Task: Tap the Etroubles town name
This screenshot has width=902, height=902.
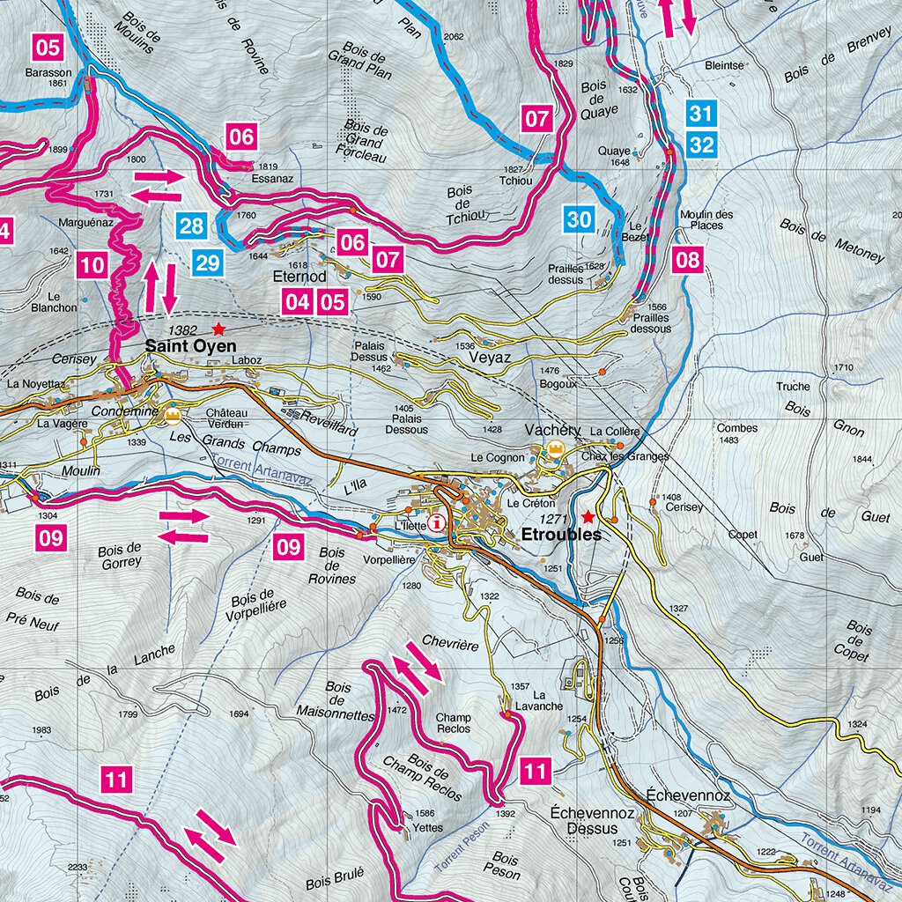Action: [x=560, y=535]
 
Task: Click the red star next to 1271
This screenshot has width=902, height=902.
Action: [x=588, y=517]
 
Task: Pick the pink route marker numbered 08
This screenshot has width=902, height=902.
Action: [x=688, y=259]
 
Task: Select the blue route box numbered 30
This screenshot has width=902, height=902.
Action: [x=580, y=219]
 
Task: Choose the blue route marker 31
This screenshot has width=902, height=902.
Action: [x=701, y=114]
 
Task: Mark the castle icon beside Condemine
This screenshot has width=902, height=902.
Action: [x=173, y=414]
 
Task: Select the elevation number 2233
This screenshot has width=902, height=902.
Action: [x=78, y=868]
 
